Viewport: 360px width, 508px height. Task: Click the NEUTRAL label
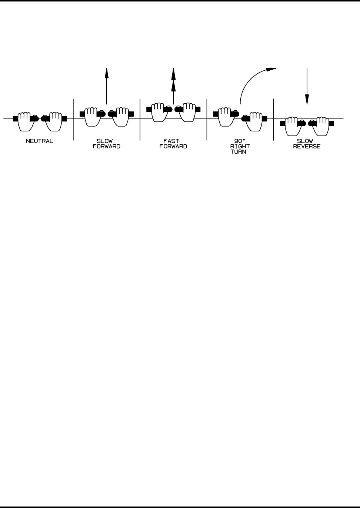tap(39, 141)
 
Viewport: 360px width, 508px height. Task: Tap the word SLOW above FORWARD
tap(107, 141)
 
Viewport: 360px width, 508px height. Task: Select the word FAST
tap(173, 141)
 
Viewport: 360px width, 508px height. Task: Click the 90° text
tap(240, 141)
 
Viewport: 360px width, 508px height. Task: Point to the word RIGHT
tap(240, 146)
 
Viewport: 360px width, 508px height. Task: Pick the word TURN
tap(240, 151)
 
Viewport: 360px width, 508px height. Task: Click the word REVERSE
tap(307, 146)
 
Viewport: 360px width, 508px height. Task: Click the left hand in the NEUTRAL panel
tap(24, 121)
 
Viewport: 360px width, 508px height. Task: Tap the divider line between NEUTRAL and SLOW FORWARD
tap(73, 119)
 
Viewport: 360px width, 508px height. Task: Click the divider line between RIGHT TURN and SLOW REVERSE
tap(273, 119)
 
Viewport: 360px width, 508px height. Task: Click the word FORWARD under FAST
tap(173, 146)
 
